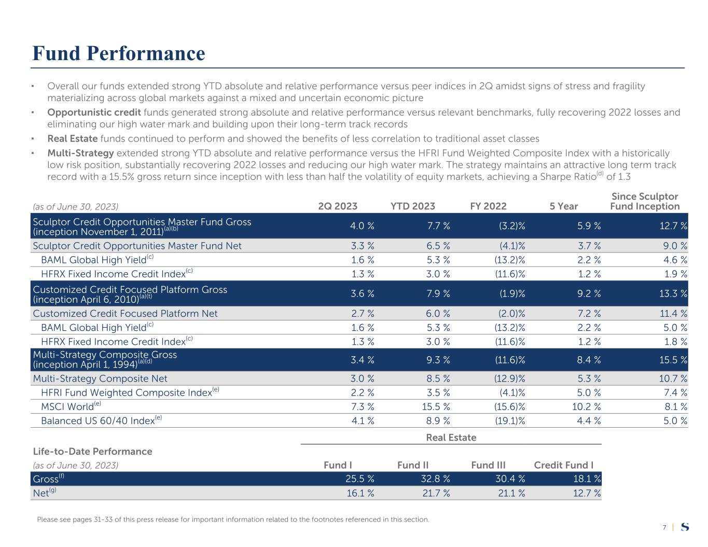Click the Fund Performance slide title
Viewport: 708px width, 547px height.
(118, 53)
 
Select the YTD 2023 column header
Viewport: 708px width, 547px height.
(412, 206)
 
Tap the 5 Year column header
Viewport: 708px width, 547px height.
(563, 206)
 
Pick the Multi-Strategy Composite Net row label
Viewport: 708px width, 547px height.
(100, 379)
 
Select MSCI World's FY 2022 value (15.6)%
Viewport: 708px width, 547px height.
(508, 407)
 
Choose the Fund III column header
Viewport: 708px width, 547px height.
(488, 465)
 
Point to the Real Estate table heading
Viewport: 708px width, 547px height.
(451, 438)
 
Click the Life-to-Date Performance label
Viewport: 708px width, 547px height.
(92, 452)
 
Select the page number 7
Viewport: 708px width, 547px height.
(664, 527)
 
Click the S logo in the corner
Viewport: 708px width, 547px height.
(685, 527)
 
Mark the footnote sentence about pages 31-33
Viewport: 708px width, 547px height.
(233, 520)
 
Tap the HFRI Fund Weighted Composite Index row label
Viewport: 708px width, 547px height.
(127, 393)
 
